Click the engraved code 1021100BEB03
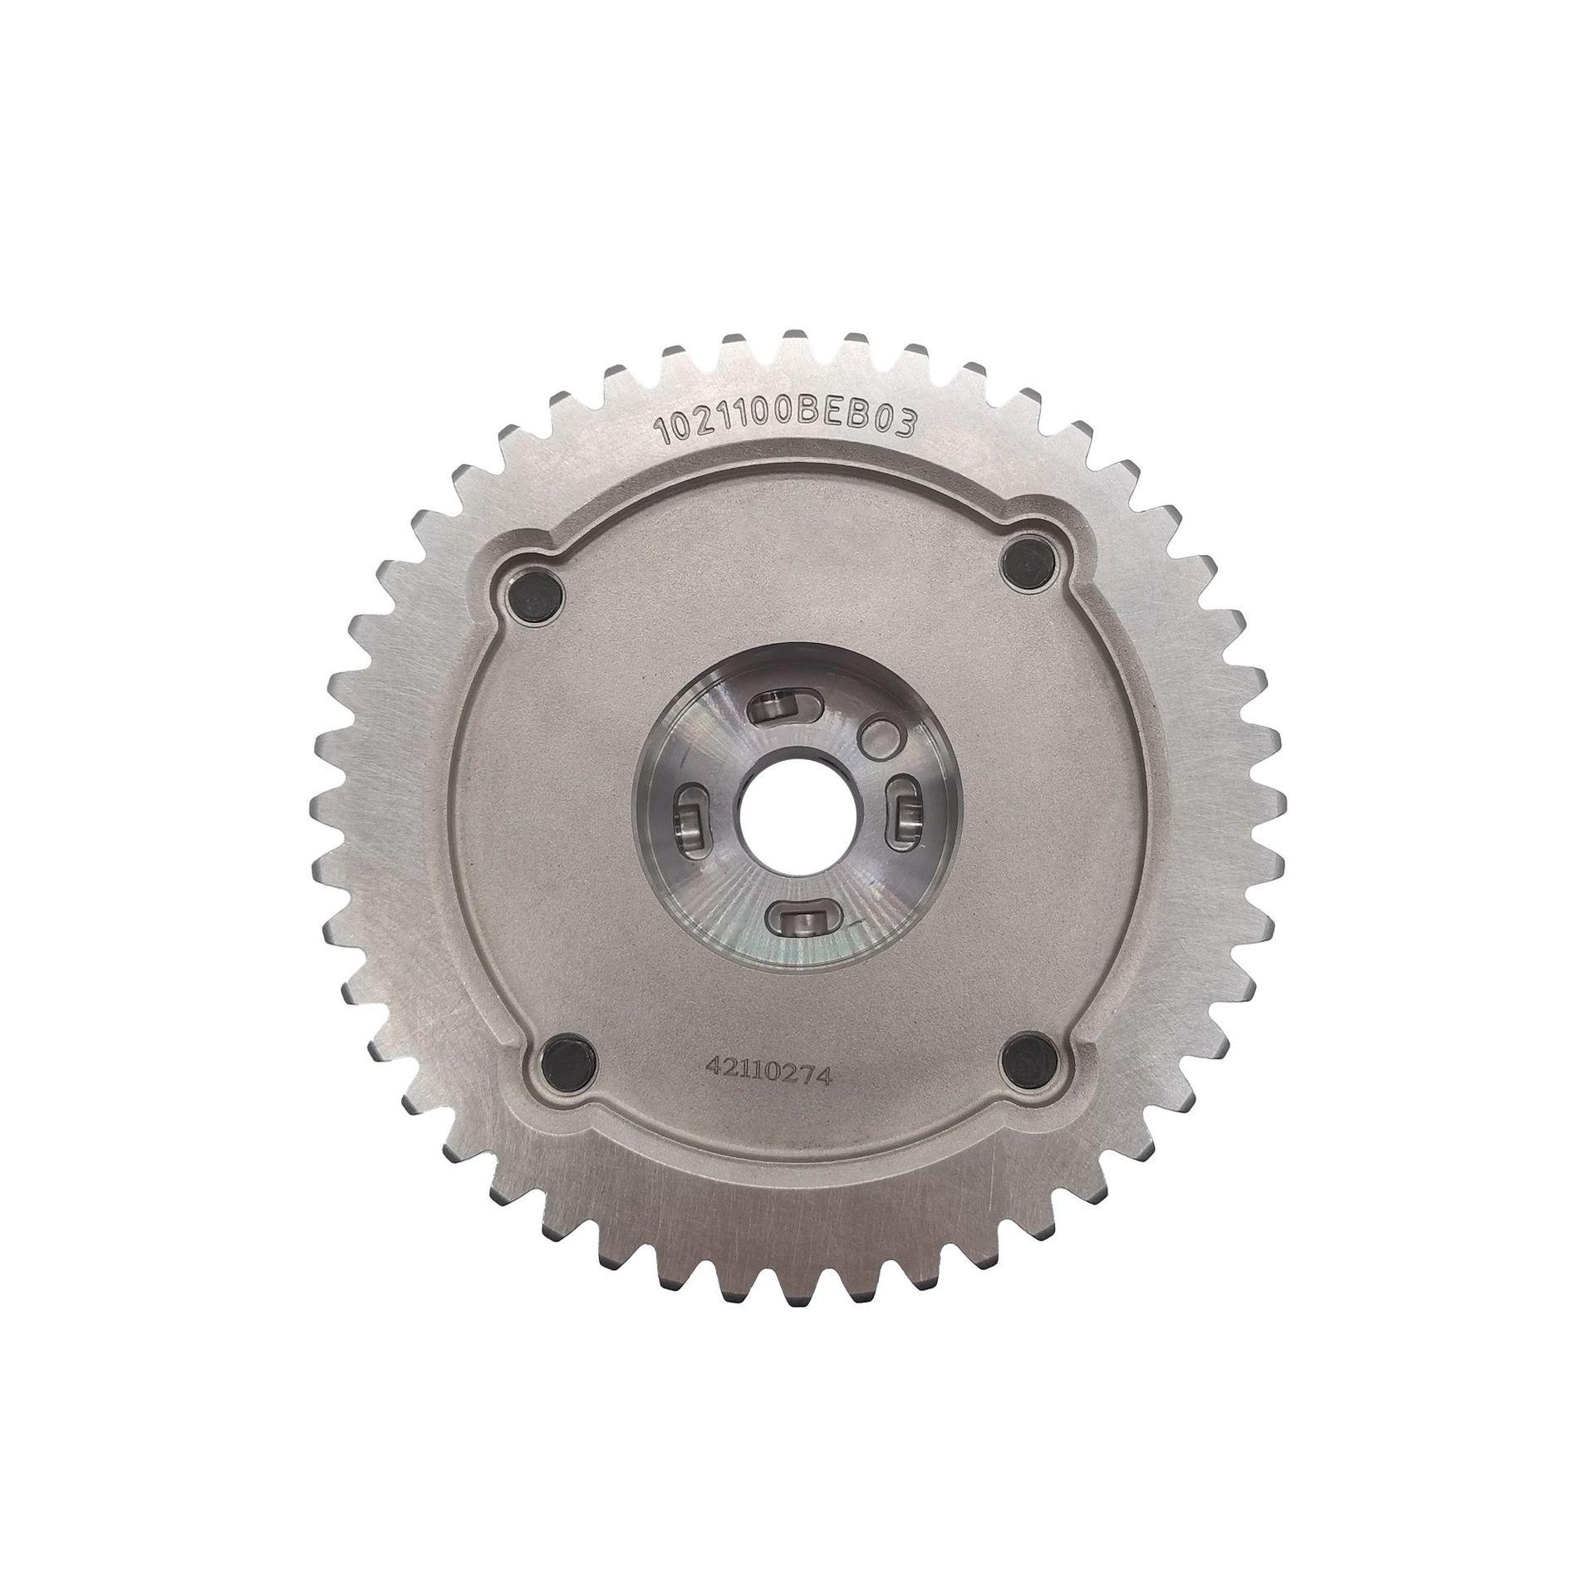tap(787, 425)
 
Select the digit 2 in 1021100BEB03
tap(688, 428)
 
